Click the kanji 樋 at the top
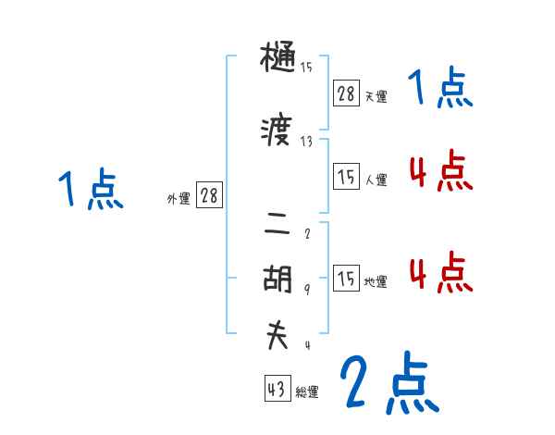click(x=277, y=59)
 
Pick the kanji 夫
click(x=277, y=336)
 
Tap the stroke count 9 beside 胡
click(x=307, y=289)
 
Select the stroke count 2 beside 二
click(x=307, y=233)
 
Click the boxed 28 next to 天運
click(x=346, y=93)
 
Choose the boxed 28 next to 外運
click(x=209, y=195)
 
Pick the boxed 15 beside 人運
click(x=346, y=177)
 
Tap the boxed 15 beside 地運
click(x=346, y=279)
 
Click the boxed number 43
click(x=276, y=390)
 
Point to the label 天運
click(x=376, y=96)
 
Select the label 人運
click(x=376, y=180)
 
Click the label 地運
click(x=376, y=282)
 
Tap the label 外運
click(x=179, y=199)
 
